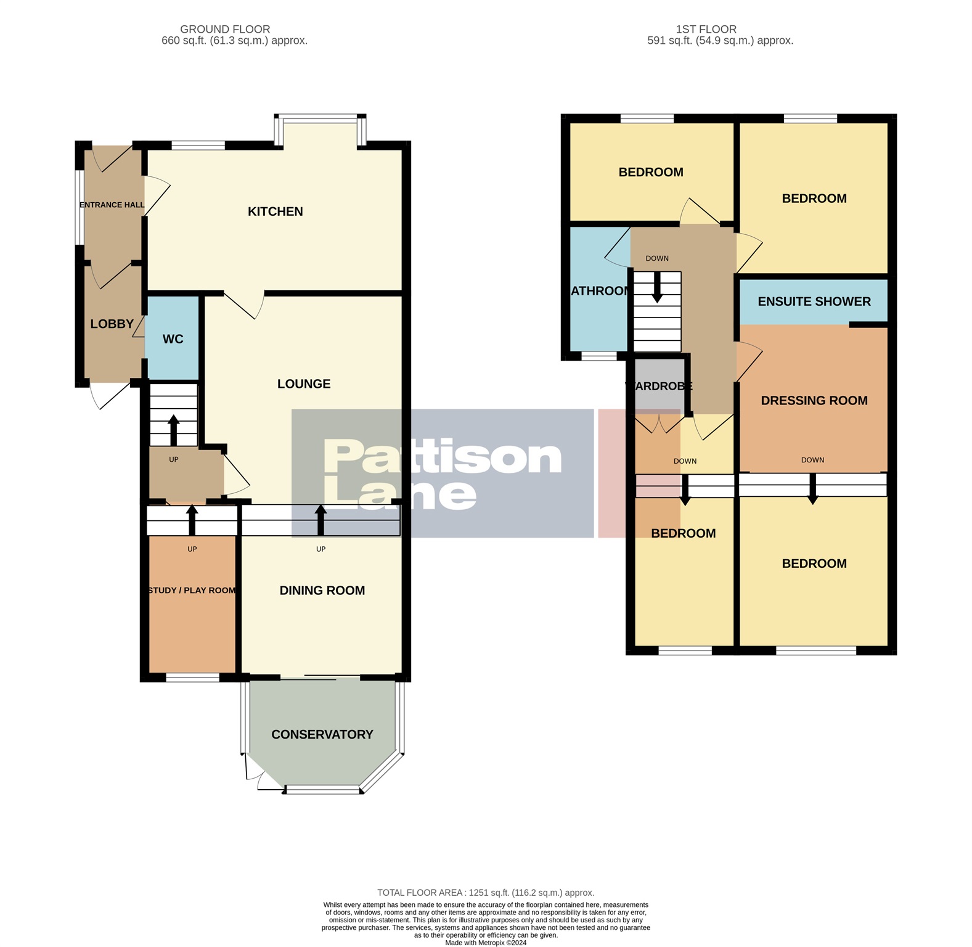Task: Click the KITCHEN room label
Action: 275,211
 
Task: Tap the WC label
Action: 173,339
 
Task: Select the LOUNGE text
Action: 303,384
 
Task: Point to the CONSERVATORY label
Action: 322,734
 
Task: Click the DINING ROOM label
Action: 322,591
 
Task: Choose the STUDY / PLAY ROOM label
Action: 192,591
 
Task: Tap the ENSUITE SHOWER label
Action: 814,301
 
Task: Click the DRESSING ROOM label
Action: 814,401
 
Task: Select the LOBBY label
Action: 112,324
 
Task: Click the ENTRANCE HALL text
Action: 112,205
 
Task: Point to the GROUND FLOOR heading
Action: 225,29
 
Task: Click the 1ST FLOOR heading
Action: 706,29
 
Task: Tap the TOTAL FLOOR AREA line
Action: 486,892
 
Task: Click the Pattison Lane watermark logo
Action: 442,473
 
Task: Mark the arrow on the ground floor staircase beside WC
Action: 173,430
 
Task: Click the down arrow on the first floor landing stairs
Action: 657,287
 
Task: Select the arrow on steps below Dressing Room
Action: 812,488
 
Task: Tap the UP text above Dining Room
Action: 321,549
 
